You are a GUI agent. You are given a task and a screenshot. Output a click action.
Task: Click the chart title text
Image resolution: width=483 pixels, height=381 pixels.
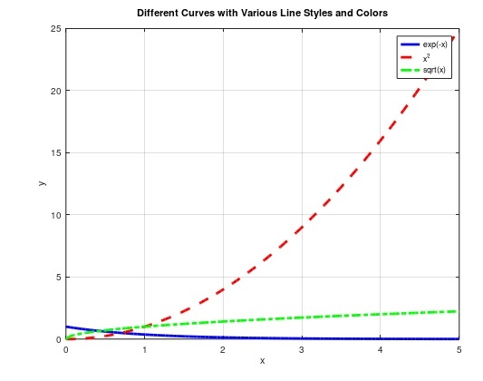(x=261, y=14)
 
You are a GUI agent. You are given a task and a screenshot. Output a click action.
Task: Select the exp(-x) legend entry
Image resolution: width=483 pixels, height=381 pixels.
(x=435, y=44)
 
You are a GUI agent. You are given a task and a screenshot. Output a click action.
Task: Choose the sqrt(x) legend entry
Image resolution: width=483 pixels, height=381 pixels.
(x=435, y=70)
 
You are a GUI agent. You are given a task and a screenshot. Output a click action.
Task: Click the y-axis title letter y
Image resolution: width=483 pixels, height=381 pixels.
(x=42, y=183)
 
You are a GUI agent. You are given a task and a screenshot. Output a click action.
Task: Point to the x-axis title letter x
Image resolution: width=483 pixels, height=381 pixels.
(x=262, y=361)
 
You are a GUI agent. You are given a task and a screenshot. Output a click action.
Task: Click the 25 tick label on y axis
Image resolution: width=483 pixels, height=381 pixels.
(x=55, y=28)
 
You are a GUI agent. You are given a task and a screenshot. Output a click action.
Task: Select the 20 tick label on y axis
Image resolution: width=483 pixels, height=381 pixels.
(x=55, y=91)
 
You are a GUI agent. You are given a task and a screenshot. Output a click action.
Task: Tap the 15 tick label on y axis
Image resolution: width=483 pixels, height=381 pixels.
(x=55, y=152)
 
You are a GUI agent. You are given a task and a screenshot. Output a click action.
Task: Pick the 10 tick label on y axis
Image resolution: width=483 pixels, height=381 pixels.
(x=55, y=215)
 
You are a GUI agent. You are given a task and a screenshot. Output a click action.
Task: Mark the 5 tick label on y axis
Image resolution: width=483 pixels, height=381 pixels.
(x=58, y=277)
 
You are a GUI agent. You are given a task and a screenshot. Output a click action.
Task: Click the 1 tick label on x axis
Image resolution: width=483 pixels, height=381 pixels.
(x=143, y=349)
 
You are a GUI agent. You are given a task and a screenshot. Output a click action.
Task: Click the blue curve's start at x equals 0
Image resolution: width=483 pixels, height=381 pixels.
(x=66, y=327)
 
